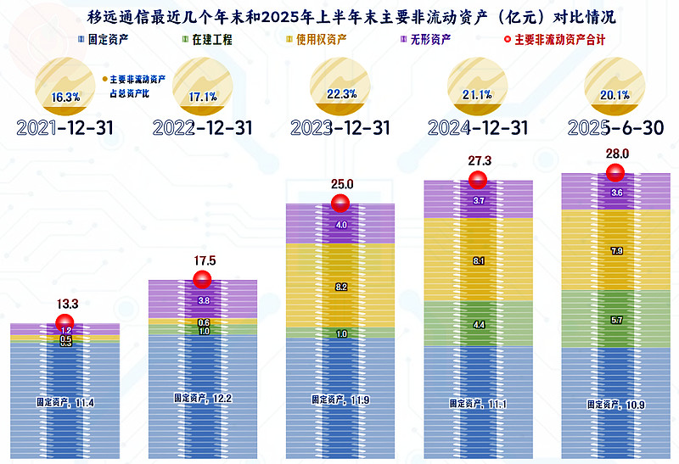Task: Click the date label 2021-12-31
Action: [65, 128]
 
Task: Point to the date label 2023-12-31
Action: [339, 128]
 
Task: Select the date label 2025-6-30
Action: [614, 128]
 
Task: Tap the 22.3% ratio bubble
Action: [340, 87]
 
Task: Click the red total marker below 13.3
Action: [65, 323]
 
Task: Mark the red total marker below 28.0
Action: [615, 173]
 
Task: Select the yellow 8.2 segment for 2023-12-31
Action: [340, 288]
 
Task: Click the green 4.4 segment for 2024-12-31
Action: [478, 324]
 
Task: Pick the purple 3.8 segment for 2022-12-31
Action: [203, 300]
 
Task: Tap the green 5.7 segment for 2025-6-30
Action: [615, 321]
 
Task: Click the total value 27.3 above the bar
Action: [478, 160]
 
